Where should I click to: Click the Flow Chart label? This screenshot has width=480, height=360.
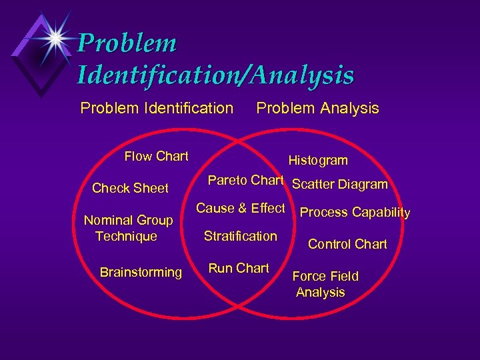click(157, 157)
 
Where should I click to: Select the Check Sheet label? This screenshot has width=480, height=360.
click(130, 189)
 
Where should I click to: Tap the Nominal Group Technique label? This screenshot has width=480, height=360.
click(128, 228)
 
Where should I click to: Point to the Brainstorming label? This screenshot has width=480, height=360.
click(141, 272)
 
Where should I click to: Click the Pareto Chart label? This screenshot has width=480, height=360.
click(246, 181)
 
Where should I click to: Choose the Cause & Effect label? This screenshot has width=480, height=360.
click(240, 209)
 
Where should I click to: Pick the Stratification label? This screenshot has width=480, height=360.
click(241, 236)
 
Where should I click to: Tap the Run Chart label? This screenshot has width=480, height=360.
click(239, 269)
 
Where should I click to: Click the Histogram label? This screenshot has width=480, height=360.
click(318, 161)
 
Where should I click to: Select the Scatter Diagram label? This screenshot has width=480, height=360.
click(340, 185)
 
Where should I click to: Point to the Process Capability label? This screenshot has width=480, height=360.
click(355, 213)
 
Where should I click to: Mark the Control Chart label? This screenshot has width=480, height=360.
click(347, 245)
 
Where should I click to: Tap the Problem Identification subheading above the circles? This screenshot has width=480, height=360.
click(157, 108)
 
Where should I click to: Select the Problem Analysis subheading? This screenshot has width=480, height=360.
click(317, 108)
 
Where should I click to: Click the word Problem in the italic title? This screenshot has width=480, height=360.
click(127, 44)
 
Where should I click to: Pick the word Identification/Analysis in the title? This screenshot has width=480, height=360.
click(215, 75)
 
